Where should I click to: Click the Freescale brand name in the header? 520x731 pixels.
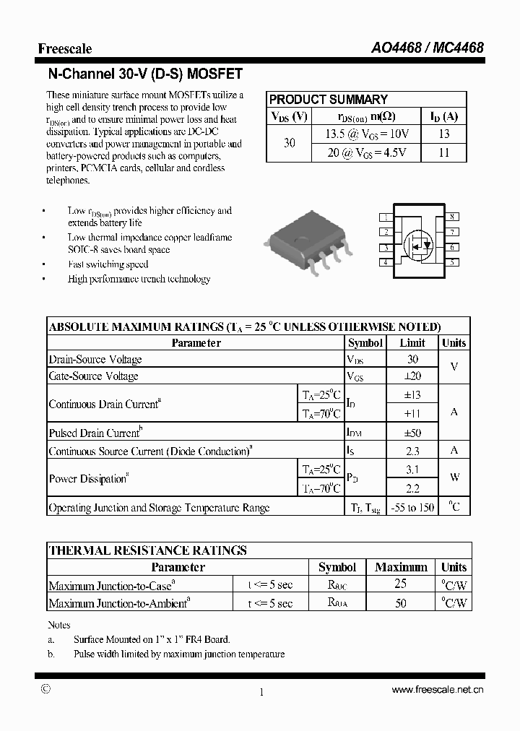point(65,48)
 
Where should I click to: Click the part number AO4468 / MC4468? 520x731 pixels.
point(428,48)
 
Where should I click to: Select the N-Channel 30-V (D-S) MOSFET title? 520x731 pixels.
point(145,74)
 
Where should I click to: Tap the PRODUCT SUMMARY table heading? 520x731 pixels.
point(329,100)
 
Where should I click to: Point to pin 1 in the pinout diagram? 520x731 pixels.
point(386,217)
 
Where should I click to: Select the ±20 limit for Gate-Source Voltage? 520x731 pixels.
point(412,376)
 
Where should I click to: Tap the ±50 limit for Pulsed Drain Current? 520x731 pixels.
point(412,433)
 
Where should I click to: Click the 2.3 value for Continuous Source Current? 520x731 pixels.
point(412,451)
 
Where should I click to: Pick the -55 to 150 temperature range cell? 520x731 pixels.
point(412,508)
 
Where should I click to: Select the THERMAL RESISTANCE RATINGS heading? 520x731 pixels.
point(147,550)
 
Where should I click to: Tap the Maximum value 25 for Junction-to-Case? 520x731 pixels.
point(401,584)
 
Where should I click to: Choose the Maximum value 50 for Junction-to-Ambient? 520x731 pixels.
point(401,602)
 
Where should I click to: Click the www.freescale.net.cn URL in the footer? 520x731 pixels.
point(437,691)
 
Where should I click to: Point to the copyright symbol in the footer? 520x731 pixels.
point(45,689)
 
